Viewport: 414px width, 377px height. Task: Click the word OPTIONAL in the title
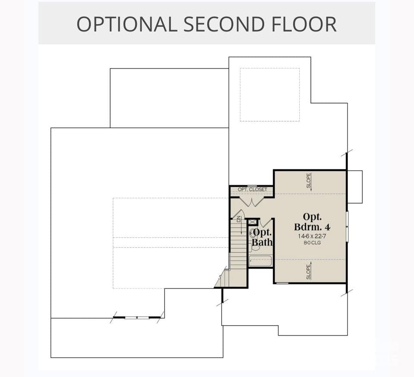point(127,24)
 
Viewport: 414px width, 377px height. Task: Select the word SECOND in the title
point(224,24)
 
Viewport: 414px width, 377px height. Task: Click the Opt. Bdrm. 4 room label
point(312,222)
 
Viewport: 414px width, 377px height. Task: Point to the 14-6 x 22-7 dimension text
point(312,236)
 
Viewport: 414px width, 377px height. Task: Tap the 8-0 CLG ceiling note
point(312,243)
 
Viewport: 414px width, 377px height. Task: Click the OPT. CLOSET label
point(253,189)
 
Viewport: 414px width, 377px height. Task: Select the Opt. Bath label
point(262,237)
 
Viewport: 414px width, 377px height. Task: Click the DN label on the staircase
point(239,219)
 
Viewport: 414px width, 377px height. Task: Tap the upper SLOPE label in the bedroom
point(308,180)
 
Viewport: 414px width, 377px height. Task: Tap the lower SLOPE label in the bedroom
point(308,272)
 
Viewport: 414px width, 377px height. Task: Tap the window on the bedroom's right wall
point(347,226)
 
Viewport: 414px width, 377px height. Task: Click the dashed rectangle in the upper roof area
point(270,95)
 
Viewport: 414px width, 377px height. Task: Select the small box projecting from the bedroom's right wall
point(354,187)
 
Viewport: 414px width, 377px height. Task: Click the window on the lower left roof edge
point(137,317)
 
